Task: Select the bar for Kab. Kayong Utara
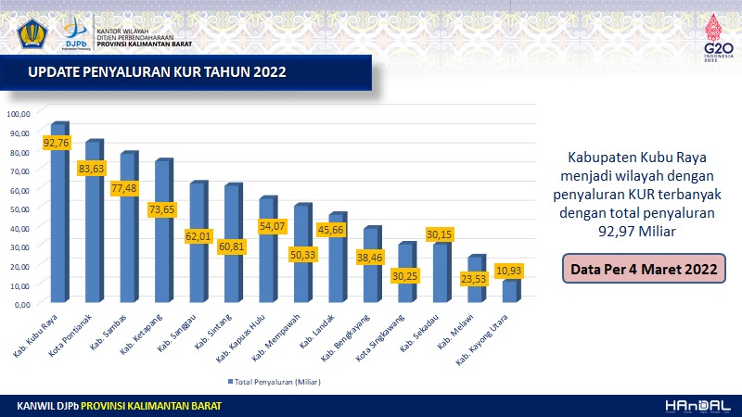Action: coord(508,291)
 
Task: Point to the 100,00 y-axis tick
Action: coord(19,114)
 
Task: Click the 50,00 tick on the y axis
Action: coord(20,208)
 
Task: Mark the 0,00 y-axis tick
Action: coord(22,304)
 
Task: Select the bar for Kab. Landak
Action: coord(336,259)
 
